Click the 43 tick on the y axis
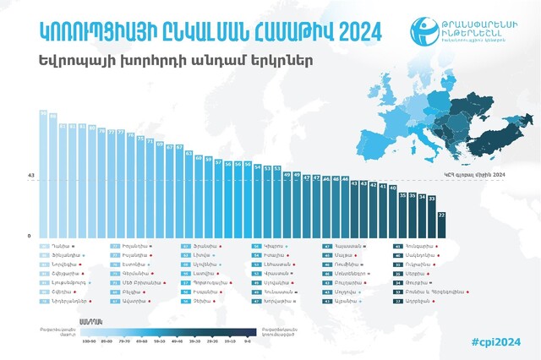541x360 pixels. (x=30, y=176)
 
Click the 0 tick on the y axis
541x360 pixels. (x=30, y=236)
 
